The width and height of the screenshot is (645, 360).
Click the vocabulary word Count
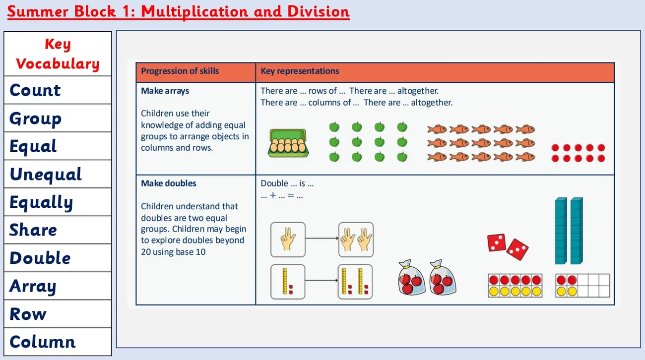tap(35, 90)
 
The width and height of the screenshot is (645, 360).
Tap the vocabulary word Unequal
tap(46, 175)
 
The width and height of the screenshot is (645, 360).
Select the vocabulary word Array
tap(33, 286)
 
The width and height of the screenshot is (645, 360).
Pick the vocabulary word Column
tap(43, 342)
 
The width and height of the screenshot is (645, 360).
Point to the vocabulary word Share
tap(33, 230)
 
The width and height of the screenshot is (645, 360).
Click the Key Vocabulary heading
tap(58, 54)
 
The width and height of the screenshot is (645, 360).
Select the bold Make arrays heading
tap(165, 91)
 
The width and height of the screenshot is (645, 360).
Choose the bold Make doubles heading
tap(169, 183)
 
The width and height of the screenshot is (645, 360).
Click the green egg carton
tap(288, 143)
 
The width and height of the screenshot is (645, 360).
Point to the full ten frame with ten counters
tap(515, 286)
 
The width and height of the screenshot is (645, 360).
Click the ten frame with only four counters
tap(582, 286)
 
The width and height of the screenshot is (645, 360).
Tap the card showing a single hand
tap(288, 240)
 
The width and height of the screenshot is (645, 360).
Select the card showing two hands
tap(356, 240)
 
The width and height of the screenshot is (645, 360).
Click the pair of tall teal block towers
tap(569, 231)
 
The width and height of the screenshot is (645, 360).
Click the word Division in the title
tap(318, 11)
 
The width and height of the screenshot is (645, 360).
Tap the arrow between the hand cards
tap(322, 239)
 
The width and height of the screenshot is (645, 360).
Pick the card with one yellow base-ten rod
tap(288, 282)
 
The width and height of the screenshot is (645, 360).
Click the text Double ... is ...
tap(287, 183)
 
